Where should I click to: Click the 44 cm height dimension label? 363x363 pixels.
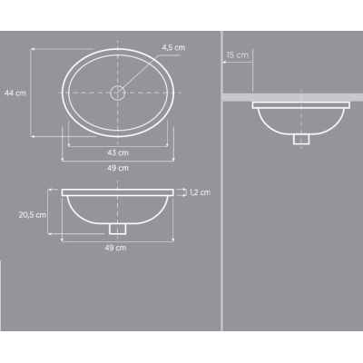click(x=15, y=93)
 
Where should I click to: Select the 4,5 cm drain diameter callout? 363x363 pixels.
click(x=173, y=47)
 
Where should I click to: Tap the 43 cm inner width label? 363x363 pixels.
click(x=118, y=152)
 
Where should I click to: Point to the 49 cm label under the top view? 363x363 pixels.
click(x=118, y=168)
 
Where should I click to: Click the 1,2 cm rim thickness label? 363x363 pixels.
click(x=200, y=192)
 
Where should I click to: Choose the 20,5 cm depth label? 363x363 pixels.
click(x=33, y=215)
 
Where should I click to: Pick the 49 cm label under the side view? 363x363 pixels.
click(x=115, y=248)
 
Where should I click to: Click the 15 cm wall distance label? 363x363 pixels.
click(x=238, y=55)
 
